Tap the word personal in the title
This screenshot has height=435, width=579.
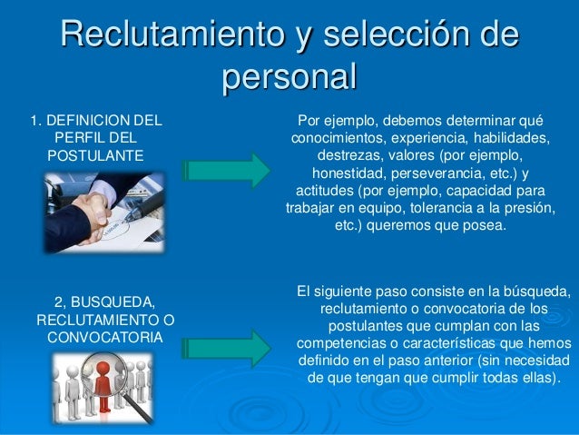click(289, 77)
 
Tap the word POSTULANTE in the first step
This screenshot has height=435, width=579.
click(95, 155)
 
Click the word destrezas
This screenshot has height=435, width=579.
click(336, 155)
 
